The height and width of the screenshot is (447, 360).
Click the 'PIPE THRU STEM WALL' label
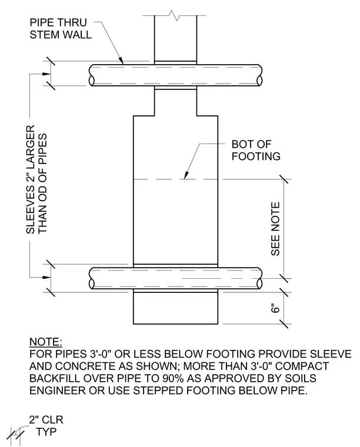click(61, 28)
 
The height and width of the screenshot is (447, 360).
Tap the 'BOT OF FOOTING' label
click(256, 150)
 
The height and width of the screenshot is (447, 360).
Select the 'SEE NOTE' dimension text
click(275, 229)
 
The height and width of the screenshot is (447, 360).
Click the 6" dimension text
click(275, 309)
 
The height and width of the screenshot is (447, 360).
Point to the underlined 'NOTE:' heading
click(46, 342)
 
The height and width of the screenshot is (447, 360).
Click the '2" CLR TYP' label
click(46, 426)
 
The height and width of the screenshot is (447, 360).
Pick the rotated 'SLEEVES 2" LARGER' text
click(31, 179)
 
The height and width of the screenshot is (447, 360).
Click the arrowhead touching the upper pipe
click(121, 61)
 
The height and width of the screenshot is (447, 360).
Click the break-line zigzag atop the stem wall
click(175, 15)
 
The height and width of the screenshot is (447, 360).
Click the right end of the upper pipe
click(261, 75)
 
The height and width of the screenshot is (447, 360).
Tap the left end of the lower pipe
click(91, 278)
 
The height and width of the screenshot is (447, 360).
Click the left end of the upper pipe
click(91, 75)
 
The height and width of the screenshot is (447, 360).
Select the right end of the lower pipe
click(260, 278)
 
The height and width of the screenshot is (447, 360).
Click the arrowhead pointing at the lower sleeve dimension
click(46, 277)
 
